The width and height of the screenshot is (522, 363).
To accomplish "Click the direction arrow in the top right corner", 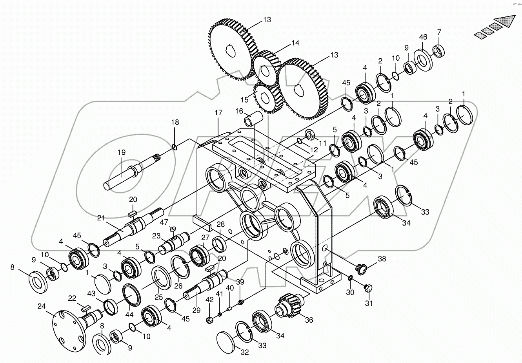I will [x=495, y=27].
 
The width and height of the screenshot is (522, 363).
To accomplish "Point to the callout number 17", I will [x=218, y=113].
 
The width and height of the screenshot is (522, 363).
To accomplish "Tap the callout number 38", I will [x=382, y=258].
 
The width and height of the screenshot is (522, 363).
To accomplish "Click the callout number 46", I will [x=423, y=38].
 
